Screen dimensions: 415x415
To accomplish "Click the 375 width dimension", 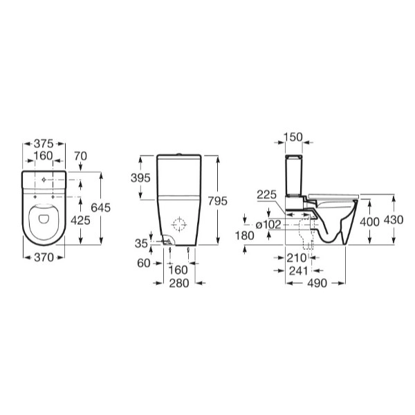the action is tap(44, 144).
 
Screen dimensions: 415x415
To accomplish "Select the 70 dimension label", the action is tap(80, 156).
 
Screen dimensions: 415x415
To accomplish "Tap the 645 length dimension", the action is tap(100, 207).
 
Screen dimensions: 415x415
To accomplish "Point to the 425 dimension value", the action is tap(80, 220).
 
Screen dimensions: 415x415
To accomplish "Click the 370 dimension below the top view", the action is tap(44, 257).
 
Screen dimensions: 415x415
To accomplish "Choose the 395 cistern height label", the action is tap(140, 178).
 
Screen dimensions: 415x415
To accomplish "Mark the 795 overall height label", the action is tap(218, 201).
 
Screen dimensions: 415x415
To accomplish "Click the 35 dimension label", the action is tap(141, 243).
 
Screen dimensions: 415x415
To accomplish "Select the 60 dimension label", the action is tap(144, 264).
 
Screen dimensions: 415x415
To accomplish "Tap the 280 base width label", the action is tap(179, 283).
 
